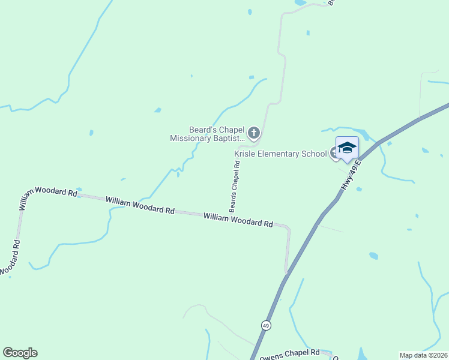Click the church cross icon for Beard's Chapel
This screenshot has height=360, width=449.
click(254, 133)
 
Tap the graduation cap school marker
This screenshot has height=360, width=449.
click(347, 148)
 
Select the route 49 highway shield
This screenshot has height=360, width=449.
click(265, 325)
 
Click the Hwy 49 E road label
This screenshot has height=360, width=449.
click(351, 176)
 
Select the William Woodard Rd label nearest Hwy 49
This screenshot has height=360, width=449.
click(238, 220)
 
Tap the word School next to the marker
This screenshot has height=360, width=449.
click(314, 154)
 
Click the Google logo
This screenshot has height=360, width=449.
click(20, 353)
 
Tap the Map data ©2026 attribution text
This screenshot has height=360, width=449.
click(423, 355)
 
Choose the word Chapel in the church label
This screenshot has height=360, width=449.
click(232, 129)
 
